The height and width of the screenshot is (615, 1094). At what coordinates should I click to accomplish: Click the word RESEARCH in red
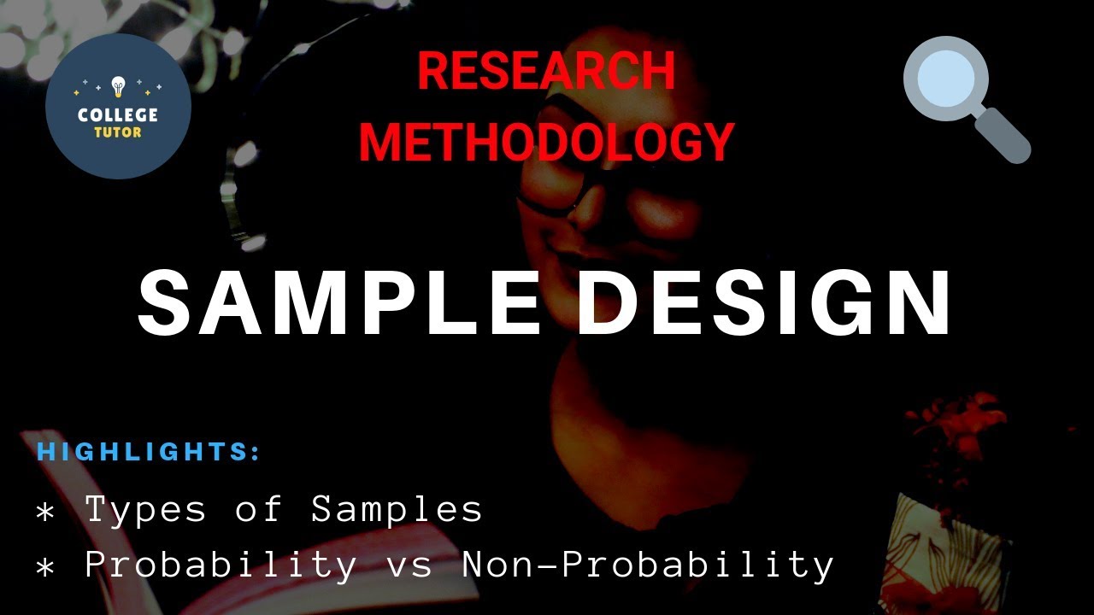pos(546,71)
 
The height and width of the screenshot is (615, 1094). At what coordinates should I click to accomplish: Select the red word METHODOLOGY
pos(546,141)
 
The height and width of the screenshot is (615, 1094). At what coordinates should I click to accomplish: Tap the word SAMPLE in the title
pos(339,303)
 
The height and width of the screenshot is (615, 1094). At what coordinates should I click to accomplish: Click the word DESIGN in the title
pos(764,303)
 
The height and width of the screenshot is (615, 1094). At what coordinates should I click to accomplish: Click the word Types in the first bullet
pos(145,510)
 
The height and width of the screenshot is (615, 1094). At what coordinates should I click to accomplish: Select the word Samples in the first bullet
pos(397,510)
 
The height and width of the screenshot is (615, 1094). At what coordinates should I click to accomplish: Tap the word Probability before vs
pos(221,565)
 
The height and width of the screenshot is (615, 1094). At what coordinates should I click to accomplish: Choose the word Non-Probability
pos(648,565)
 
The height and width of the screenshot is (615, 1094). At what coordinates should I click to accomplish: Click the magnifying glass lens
pos(946,79)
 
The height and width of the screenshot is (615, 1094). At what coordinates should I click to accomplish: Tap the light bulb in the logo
pos(118,86)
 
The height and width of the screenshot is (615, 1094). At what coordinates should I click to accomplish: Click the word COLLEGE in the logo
pos(118,114)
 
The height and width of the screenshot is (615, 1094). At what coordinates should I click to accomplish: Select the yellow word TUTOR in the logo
pos(118,132)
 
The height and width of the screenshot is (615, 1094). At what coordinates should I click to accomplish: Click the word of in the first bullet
pos(258,510)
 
